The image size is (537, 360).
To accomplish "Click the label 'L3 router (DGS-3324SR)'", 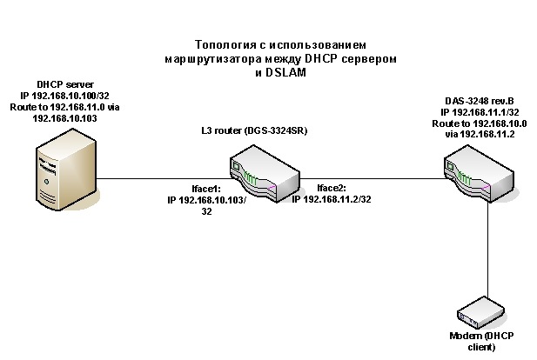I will [256, 130].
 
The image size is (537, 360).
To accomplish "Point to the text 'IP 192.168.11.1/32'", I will [481, 113].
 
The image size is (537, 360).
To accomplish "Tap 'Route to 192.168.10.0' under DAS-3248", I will [481, 123].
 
